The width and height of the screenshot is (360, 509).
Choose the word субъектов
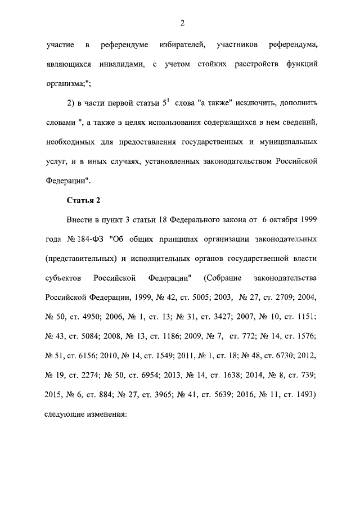click(61, 278)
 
